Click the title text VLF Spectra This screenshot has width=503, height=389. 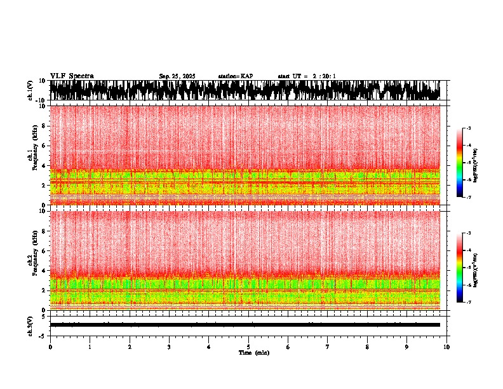72,76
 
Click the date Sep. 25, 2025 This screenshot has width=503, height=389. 177,76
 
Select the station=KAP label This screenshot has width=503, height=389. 235,76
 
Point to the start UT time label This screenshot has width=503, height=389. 307,76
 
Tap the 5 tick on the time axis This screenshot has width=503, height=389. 248,347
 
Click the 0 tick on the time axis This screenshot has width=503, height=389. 50,347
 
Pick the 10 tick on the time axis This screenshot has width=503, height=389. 446,347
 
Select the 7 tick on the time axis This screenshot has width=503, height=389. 328,347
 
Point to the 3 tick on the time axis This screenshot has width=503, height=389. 169,347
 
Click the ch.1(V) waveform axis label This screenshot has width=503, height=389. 30,91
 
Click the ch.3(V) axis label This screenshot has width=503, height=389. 30,325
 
